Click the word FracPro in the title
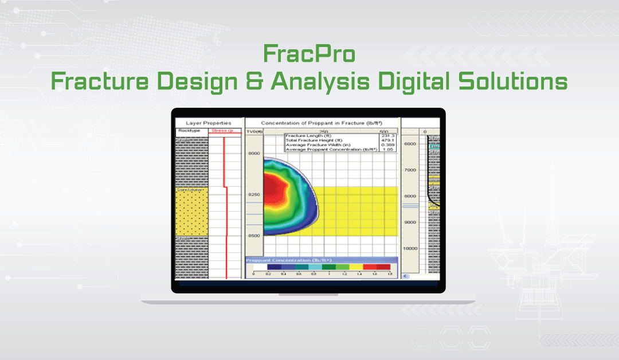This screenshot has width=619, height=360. tap(309, 54)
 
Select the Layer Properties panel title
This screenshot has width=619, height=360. tap(209, 123)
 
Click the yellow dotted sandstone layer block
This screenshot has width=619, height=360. tap(191, 212)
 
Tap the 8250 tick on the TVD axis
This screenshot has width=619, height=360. tap(253, 194)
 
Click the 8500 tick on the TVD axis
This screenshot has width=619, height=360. tap(253, 236)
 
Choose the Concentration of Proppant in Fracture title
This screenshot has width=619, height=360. tap(321, 123)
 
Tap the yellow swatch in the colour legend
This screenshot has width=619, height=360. tap(355, 267)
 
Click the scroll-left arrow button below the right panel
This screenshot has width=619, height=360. tap(406, 276)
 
